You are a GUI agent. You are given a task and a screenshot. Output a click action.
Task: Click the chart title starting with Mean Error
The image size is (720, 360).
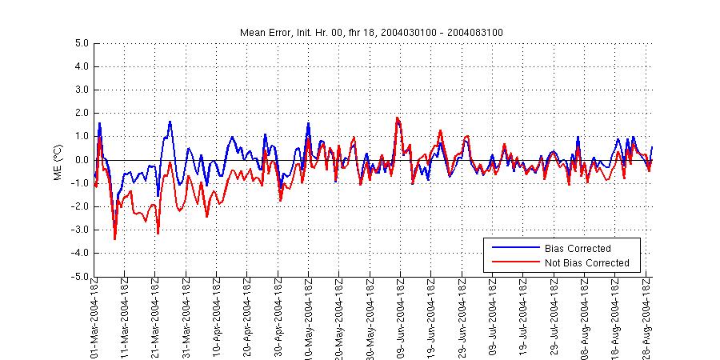click(x=371, y=32)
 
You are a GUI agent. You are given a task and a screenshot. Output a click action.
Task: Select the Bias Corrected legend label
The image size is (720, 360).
click(x=578, y=248)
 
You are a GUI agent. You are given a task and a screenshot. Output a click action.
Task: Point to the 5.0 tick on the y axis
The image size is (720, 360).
click(x=81, y=43)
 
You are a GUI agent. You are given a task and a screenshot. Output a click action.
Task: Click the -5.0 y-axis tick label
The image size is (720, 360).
click(x=79, y=277)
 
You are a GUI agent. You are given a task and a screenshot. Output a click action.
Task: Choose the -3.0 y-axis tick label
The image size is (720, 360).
click(x=79, y=230)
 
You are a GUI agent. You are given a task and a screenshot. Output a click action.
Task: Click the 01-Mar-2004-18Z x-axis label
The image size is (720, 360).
click(x=95, y=316)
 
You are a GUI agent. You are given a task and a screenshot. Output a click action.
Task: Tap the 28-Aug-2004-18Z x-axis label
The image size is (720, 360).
click(x=646, y=316)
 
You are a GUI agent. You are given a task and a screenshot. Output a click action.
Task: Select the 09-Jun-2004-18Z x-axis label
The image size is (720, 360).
click(x=402, y=316)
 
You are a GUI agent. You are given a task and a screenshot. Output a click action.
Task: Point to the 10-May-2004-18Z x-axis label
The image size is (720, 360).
click(x=310, y=316)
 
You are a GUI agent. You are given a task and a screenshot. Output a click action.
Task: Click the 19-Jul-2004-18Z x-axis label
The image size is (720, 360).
click(x=524, y=316)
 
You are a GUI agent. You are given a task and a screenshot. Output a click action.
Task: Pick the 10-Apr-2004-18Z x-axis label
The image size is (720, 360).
click(x=218, y=316)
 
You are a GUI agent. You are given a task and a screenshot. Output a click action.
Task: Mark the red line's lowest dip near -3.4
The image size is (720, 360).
click(x=115, y=238)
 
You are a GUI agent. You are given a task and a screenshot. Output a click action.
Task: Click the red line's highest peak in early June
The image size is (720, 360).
click(x=397, y=118)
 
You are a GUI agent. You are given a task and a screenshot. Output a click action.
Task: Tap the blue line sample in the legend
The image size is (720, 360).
click(x=513, y=248)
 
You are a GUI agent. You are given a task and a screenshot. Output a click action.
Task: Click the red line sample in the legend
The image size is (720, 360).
click(x=513, y=263)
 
